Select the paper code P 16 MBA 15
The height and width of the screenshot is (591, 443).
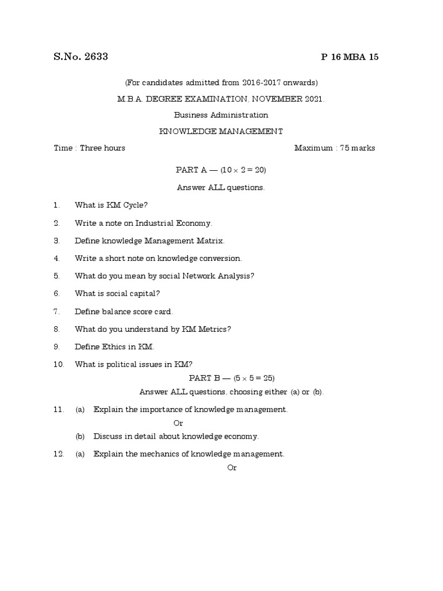[350, 57]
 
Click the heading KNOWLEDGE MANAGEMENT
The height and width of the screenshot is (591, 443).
[221, 132]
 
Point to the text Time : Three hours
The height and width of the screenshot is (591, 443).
[89, 148]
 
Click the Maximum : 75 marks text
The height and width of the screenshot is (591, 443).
[335, 148]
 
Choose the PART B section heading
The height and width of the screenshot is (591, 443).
[205, 378]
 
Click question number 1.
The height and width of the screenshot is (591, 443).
[57, 205]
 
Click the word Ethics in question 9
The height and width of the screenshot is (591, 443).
[115, 347]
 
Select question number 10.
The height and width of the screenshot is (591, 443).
[58, 365]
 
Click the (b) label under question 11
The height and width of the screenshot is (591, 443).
[80, 436]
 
